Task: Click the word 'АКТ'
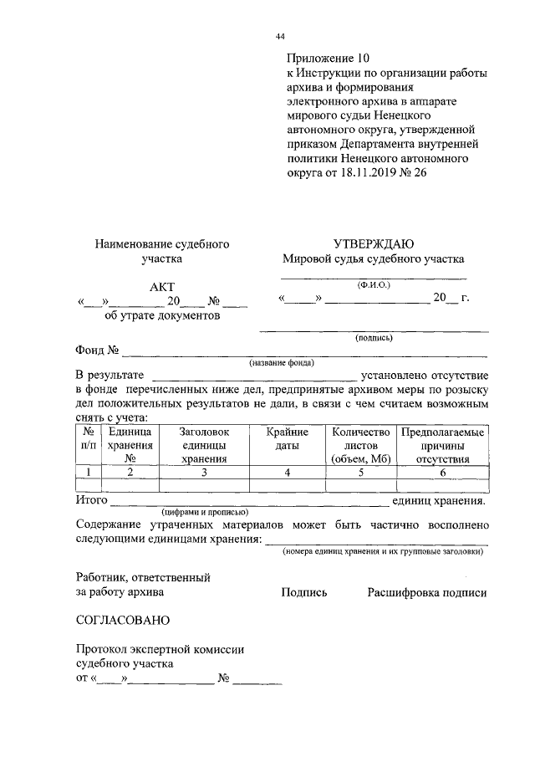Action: pyautogui.click(x=162, y=287)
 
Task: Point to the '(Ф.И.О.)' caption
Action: pyautogui.click(x=373, y=284)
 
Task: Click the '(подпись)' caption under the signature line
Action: pyautogui.click(x=374, y=339)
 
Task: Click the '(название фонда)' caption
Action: pyautogui.click(x=281, y=364)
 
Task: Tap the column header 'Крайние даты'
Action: pyautogui.click(x=288, y=439)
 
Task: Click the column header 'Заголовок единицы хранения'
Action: pyautogui.click(x=204, y=445)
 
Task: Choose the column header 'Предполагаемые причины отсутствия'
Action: pyautogui.click(x=441, y=445)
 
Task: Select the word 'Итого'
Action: pyautogui.click(x=91, y=500)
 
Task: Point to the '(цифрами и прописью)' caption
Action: pyautogui.click(x=203, y=512)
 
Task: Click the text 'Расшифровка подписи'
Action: pyautogui.click(x=426, y=592)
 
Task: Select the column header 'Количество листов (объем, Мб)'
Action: pyautogui.click(x=360, y=445)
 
